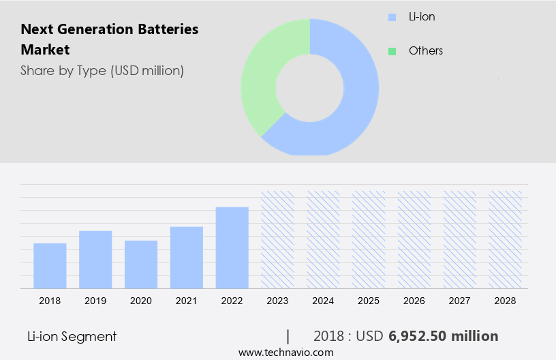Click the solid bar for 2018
point(50,266)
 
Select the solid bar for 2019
point(95,260)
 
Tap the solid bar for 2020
point(141,265)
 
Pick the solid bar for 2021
point(187,258)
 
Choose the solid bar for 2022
point(232,247)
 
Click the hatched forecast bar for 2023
point(278,239)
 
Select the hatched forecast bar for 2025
point(369,239)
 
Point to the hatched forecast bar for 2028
point(506,239)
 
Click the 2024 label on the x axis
point(323,301)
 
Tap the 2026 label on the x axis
point(414,301)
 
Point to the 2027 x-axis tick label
point(460,301)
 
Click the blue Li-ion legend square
point(392,17)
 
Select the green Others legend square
point(392,51)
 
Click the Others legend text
point(426,51)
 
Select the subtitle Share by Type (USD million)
point(102,70)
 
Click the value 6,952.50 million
point(444,336)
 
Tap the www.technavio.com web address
point(285,352)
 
